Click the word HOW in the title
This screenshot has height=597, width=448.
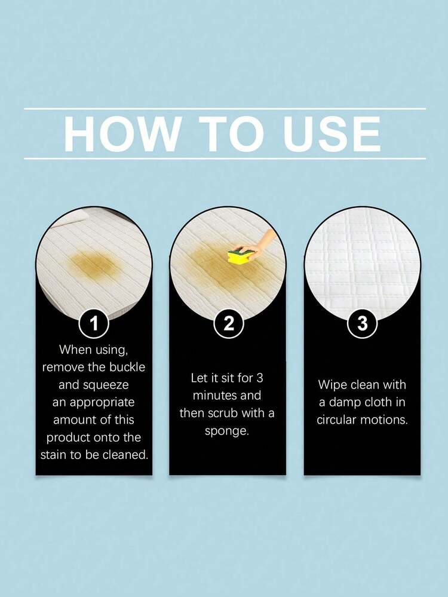pos(121,134)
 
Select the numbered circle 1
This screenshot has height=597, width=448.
pos(94,324)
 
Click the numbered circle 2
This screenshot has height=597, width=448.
pos(228,324)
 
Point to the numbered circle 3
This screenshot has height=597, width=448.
pos(363,324)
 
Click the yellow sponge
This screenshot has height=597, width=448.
pos(238,256)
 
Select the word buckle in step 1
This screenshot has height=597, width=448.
pos(127,367)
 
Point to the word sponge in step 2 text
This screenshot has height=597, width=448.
pos(227,431)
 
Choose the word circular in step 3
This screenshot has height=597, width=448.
pos(336,420)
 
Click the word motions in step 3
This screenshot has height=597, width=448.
pos(383,420)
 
